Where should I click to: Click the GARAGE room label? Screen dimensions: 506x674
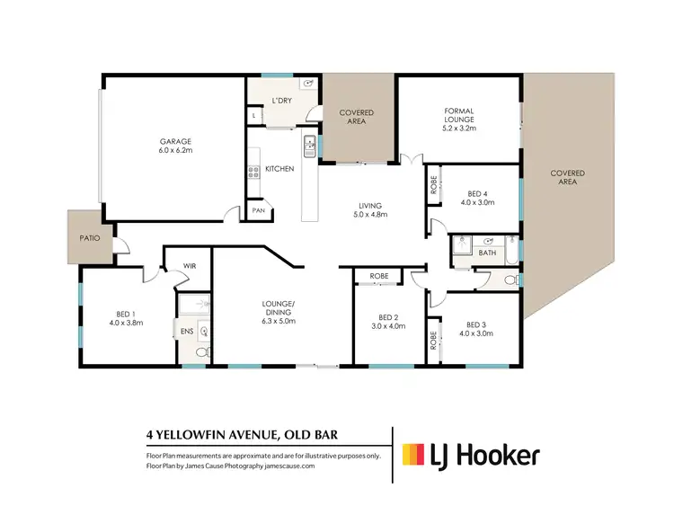[x=176, y=141]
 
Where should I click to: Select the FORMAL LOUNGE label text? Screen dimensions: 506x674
[x=458, y=112]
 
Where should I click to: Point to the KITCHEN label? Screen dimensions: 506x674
[x=279, y=169]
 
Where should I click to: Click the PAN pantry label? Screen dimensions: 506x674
[x=258, y=210]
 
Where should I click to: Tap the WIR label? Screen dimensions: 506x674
[x=190, y=266]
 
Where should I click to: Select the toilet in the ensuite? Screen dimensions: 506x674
[x=201, y=352]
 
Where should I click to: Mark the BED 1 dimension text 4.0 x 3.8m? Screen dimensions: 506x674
[x=127, y=321]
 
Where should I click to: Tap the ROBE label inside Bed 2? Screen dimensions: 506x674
[x=377, y=276]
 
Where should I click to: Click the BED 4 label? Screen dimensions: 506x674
[x=478, y=193]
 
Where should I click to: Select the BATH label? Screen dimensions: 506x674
[x=486, y=253]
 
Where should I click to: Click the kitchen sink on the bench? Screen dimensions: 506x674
[x=309, y=143]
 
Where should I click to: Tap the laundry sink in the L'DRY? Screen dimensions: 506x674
[x=308, y=84]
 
